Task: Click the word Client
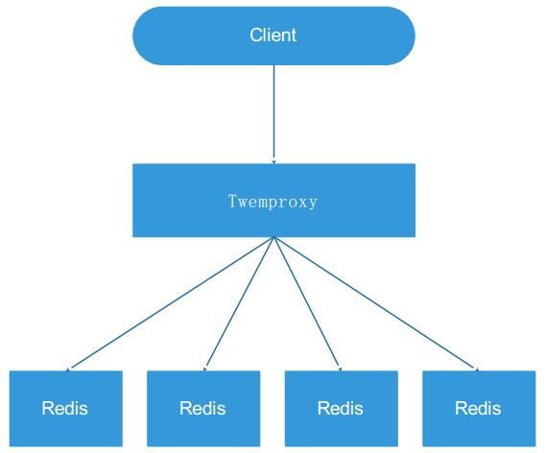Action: [273, 36]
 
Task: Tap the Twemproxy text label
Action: [273, 202]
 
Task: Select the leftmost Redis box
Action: [66, 409]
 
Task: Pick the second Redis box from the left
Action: [203, 409]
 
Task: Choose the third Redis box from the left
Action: [342, 409]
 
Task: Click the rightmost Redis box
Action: [479, 409]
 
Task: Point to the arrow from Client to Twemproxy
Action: [274, 114]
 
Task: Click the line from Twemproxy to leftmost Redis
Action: [170, 304]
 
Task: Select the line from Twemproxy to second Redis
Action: [239, 304]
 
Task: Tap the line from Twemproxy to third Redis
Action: [308, 304]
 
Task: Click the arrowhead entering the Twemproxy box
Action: [274, 161]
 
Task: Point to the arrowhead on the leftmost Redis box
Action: [68, 370]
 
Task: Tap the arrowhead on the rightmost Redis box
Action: [477, 370]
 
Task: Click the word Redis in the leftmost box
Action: [64, 408]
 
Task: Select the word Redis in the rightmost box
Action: [478, 408]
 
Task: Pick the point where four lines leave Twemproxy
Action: [274, 237]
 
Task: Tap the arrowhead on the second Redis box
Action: [204, 369]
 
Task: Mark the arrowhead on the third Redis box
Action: [341, 369]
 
